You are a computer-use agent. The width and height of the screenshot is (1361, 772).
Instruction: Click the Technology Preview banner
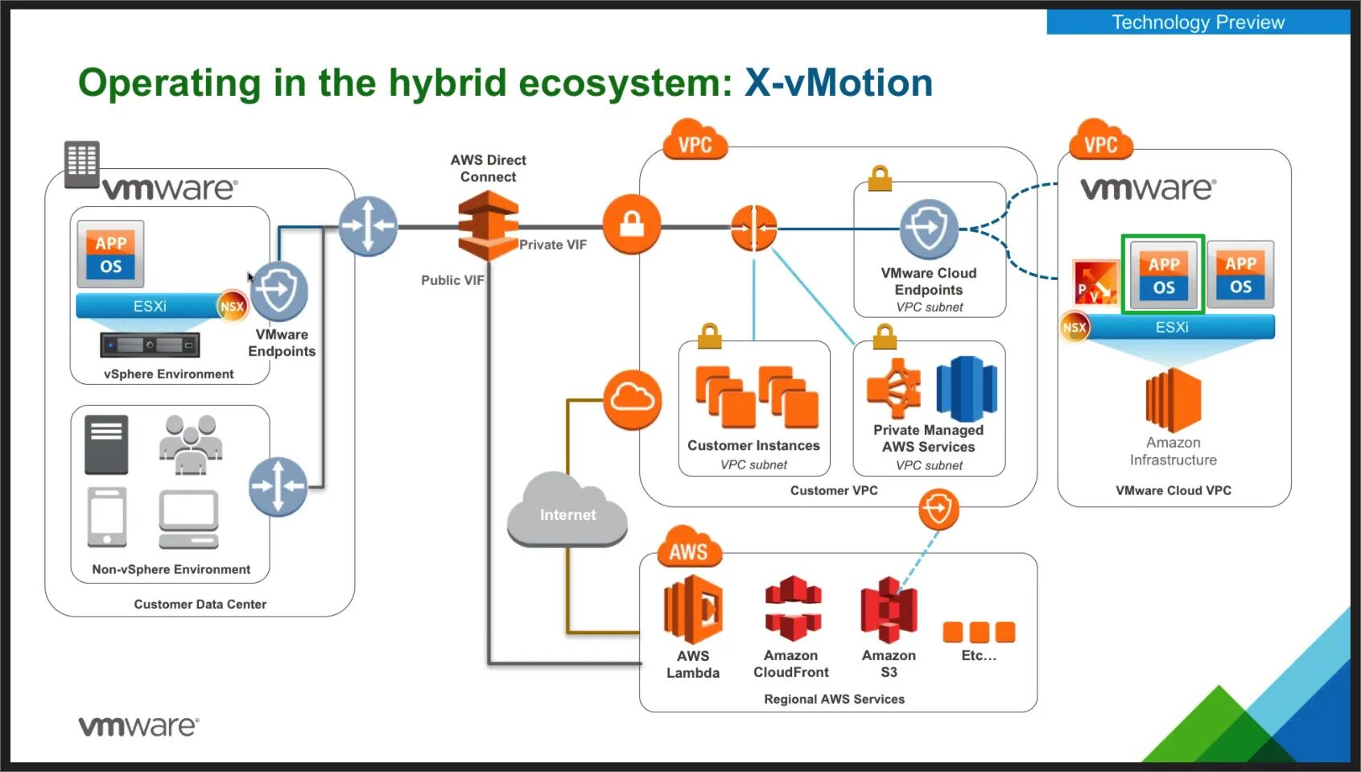[1198, 22]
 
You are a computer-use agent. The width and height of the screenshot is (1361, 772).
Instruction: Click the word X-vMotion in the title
[839, 82]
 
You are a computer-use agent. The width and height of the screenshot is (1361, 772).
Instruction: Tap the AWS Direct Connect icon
[489, 225]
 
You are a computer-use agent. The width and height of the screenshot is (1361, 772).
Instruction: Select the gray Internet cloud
[567, 510]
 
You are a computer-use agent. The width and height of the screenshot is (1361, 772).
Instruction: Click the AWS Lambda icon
[693, 609]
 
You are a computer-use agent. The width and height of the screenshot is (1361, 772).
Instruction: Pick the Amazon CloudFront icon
[793, 609]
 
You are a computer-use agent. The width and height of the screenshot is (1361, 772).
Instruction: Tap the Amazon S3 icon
[889, 609]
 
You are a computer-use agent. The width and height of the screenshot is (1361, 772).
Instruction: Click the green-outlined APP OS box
[1163, 275]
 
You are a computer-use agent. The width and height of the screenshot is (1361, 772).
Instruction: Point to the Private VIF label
[553, 245]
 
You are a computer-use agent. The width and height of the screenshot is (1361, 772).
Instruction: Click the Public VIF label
[452, 280]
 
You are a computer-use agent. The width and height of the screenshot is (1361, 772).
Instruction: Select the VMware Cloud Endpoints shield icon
[929, 229]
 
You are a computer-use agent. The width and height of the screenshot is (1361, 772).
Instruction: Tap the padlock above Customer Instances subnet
[709, 336]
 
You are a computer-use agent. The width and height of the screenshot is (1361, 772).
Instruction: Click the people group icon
[191, 444]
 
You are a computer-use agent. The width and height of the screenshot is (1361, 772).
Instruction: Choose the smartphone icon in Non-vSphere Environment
[107, 517]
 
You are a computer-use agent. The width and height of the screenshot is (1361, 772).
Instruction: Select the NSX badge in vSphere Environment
[232, 306]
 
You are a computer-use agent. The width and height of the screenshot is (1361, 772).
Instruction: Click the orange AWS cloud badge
[689, 547]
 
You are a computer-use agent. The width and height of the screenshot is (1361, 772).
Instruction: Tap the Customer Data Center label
[200, 605]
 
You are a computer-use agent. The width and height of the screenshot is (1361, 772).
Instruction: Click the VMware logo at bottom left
[138, 726]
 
